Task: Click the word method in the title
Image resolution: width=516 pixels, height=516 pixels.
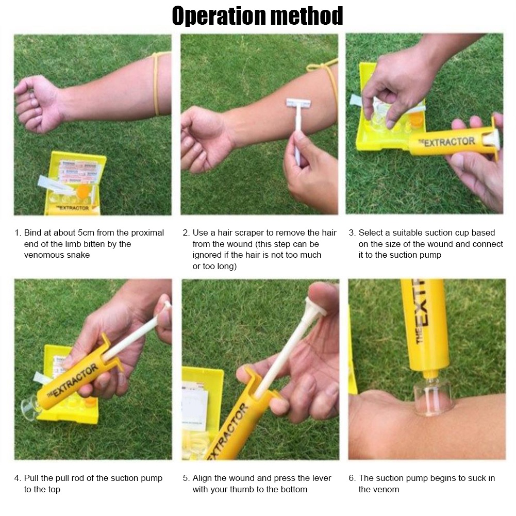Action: (x=308, y=16)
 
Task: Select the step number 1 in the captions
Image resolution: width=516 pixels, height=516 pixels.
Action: (x=17, y=233)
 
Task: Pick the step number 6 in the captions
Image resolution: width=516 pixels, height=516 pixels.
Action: (x=351, y=478)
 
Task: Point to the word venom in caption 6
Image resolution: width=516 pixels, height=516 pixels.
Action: (x=386, y=490)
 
